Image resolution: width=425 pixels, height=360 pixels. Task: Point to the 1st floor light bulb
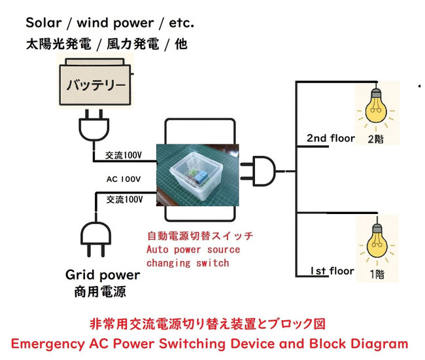pos(375,243)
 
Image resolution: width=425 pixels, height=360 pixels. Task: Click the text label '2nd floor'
pos(331,138)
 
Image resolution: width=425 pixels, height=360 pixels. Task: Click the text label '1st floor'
pos(331,271)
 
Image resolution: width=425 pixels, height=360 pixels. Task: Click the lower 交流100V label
pos(124,199)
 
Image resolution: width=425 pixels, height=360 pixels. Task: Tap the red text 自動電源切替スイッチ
pos(199,236)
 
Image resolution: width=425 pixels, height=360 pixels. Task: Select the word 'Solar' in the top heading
pos(43,24)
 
